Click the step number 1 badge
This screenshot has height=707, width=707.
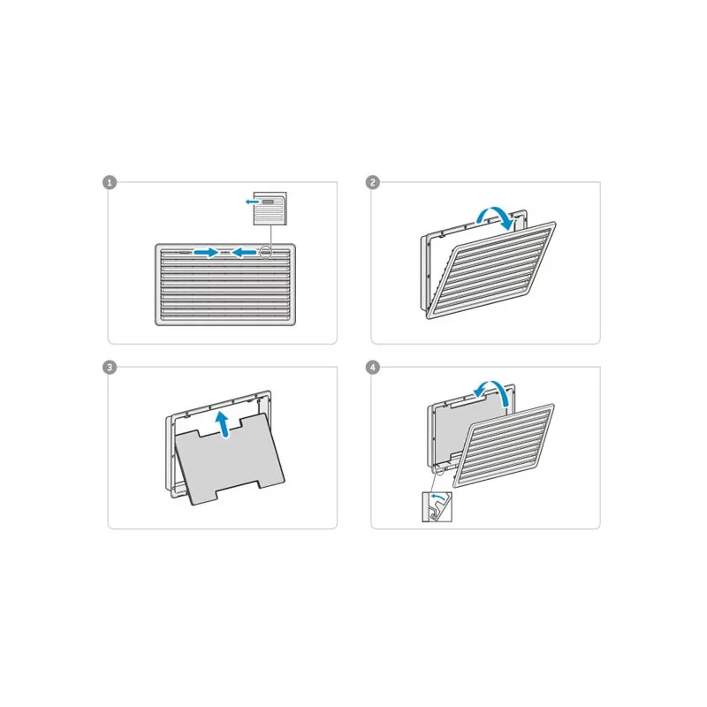pyautogui.click(x=110, y=183)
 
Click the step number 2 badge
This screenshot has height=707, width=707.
pyautogui.click(x=372, y=183)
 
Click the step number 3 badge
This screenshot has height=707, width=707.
pyautogui.click(x=110, y=368)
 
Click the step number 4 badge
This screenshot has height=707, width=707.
pyautogui.click(x=372, y=368)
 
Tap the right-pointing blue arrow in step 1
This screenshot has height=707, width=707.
pyautogui.click(x=206, y=252)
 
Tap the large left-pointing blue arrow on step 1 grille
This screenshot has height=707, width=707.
pyautogui.click(x=244, y=252)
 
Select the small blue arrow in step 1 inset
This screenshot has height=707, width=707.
pyautogui.click(x=252, y=201)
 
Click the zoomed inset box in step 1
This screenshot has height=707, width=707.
pyautogui.click(x=270, y=209)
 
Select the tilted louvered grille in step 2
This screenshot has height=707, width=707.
pyautogui.click(x=491, y=270)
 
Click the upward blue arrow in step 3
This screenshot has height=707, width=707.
pyautogui.click(x=222, y=424)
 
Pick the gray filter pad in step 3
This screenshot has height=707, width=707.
pyautogui.click(x=230, y=460)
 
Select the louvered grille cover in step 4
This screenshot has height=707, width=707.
pyautogui.click(x=504, y=445)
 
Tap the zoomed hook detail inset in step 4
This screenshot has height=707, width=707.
pyautogui.click(x=437, y=507)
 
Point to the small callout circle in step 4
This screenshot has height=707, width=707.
pyautogui.click(x=439, y=470)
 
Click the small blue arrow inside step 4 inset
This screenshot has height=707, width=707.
pyautogui.click(x=437, y=497)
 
